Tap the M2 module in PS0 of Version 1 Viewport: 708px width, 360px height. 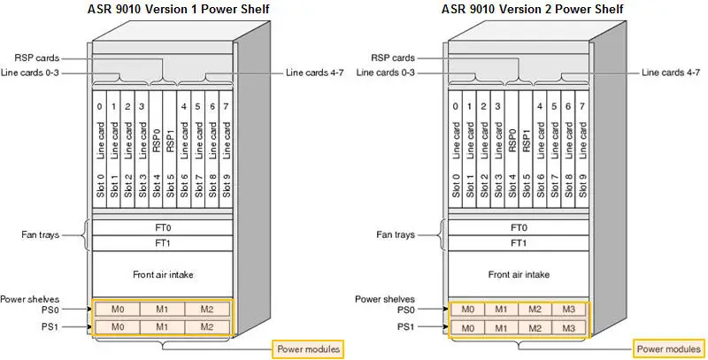point(207,310)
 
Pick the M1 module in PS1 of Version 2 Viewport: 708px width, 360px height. point(501,327)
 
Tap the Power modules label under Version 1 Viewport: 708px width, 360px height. point(306,349)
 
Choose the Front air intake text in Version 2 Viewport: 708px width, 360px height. point(518,273)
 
